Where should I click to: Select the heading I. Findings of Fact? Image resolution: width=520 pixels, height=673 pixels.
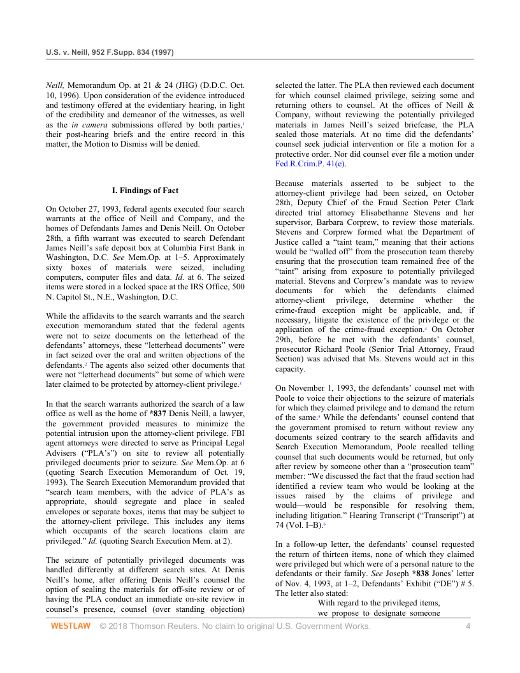145,191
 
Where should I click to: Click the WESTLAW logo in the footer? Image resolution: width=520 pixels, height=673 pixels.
71,626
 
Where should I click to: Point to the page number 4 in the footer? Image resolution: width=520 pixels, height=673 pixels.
468,626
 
